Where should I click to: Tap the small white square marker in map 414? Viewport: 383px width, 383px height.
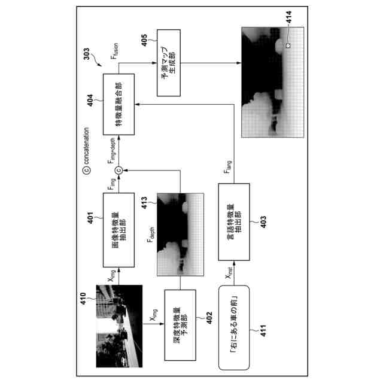[x=288, y=45]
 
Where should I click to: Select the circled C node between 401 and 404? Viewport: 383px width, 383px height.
[x=118, y=169]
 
